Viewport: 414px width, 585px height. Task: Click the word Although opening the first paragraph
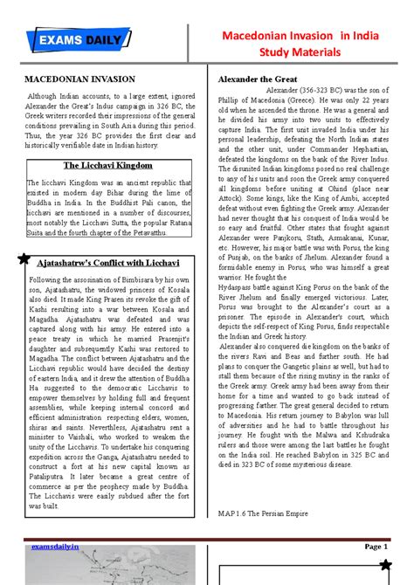(42, 94)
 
